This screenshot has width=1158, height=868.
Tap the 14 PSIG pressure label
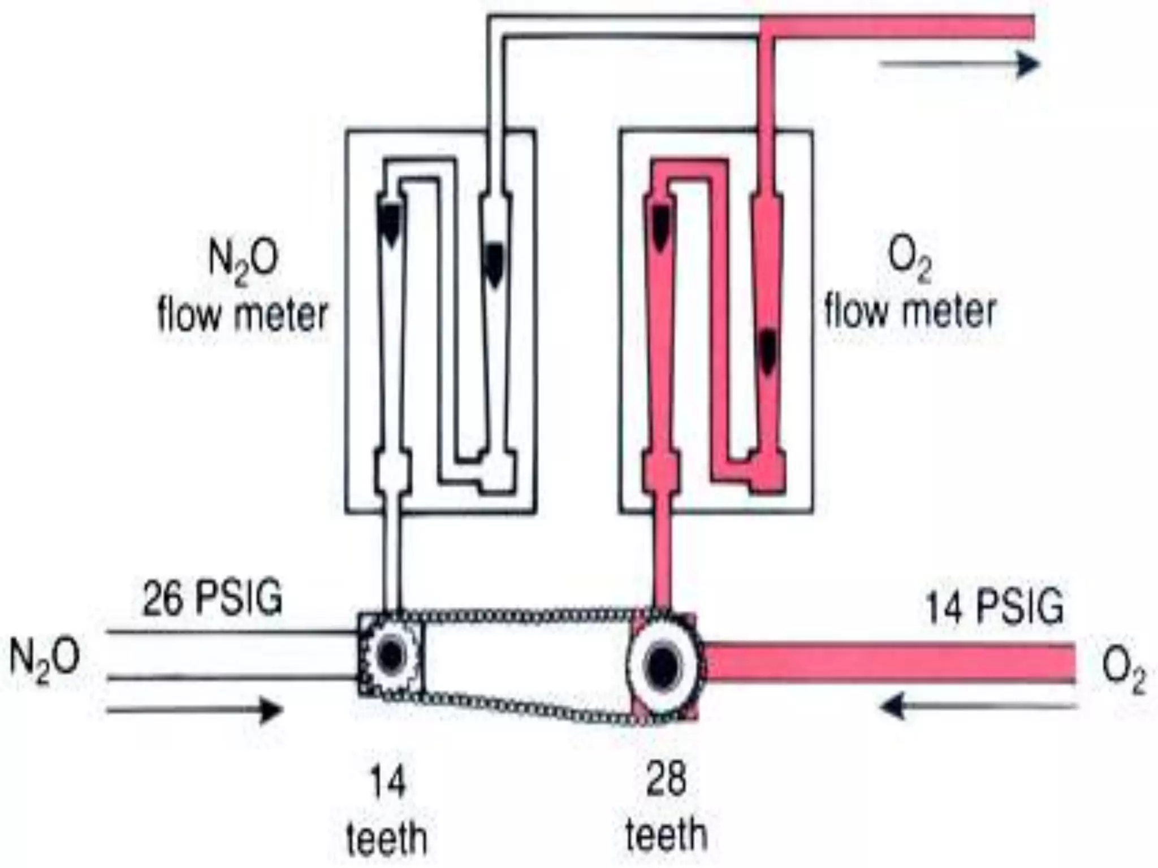tap(994, 607)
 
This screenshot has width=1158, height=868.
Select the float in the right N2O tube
tap(494, 263)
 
